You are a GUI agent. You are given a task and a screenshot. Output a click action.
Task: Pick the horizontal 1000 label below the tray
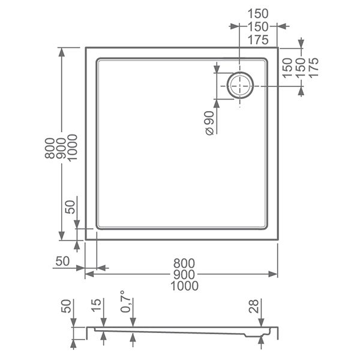[x=184, y=286]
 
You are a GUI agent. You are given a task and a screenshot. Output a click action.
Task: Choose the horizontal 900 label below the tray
[x=184, y=274]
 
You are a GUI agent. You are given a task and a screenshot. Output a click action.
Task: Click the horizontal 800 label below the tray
[x=184, y=263]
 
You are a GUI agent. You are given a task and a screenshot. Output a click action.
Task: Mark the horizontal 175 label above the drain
[x=257, y=40]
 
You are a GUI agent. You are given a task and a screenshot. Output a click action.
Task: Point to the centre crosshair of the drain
[x=239, y=86]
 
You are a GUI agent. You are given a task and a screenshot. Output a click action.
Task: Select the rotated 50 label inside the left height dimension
[x=70, y=207]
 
